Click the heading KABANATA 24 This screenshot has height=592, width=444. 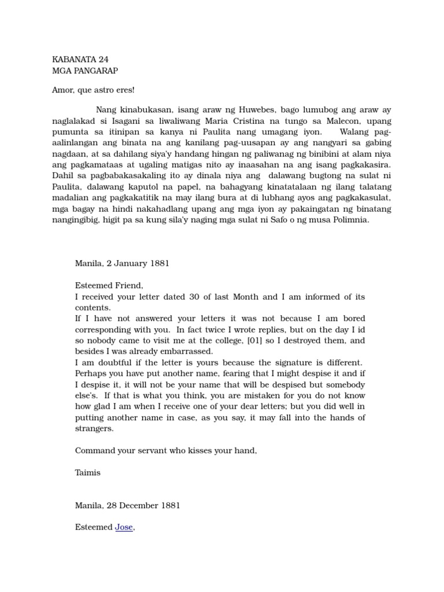(x=80, y=59)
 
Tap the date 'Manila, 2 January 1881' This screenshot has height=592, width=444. (x=122, y=264)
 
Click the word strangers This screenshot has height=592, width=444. (x=95, y=429)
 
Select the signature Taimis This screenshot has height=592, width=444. (x=88, y=472)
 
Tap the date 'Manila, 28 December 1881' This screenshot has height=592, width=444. (x=128, y=505)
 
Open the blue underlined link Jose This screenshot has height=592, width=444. (x=124, y=527)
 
